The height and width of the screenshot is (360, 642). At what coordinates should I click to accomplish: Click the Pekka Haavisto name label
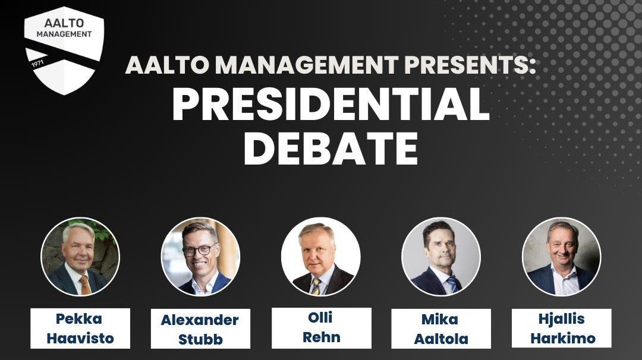click(x=80, y=329)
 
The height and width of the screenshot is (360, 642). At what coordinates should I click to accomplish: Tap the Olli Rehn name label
click(x=321, y=328)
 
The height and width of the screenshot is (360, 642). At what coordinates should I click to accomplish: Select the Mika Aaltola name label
click(x=441, y=329)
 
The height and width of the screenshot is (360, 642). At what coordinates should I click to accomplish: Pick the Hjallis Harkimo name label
click(x=561, y=329)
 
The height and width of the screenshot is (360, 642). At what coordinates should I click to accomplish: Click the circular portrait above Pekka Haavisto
click(x=80, y=257)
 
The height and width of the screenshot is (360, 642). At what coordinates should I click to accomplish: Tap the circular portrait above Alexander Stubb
click(x=200, y=257)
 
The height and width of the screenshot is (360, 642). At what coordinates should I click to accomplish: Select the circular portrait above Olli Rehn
click(x=321, y=257)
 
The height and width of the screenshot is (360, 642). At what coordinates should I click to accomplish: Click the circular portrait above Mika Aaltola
click(x=441, y=257)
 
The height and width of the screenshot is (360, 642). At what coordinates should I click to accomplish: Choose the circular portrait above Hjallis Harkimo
click(x=561, y=257)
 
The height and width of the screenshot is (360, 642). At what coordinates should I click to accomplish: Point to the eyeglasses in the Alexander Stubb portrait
click(x=199, y=250)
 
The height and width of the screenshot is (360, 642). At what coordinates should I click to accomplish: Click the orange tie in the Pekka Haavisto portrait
click(x=85, y=285)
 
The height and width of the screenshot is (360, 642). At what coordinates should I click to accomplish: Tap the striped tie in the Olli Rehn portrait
click(x=316, y=287)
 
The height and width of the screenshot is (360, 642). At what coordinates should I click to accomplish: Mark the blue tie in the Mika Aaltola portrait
click(x=452, y=285)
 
